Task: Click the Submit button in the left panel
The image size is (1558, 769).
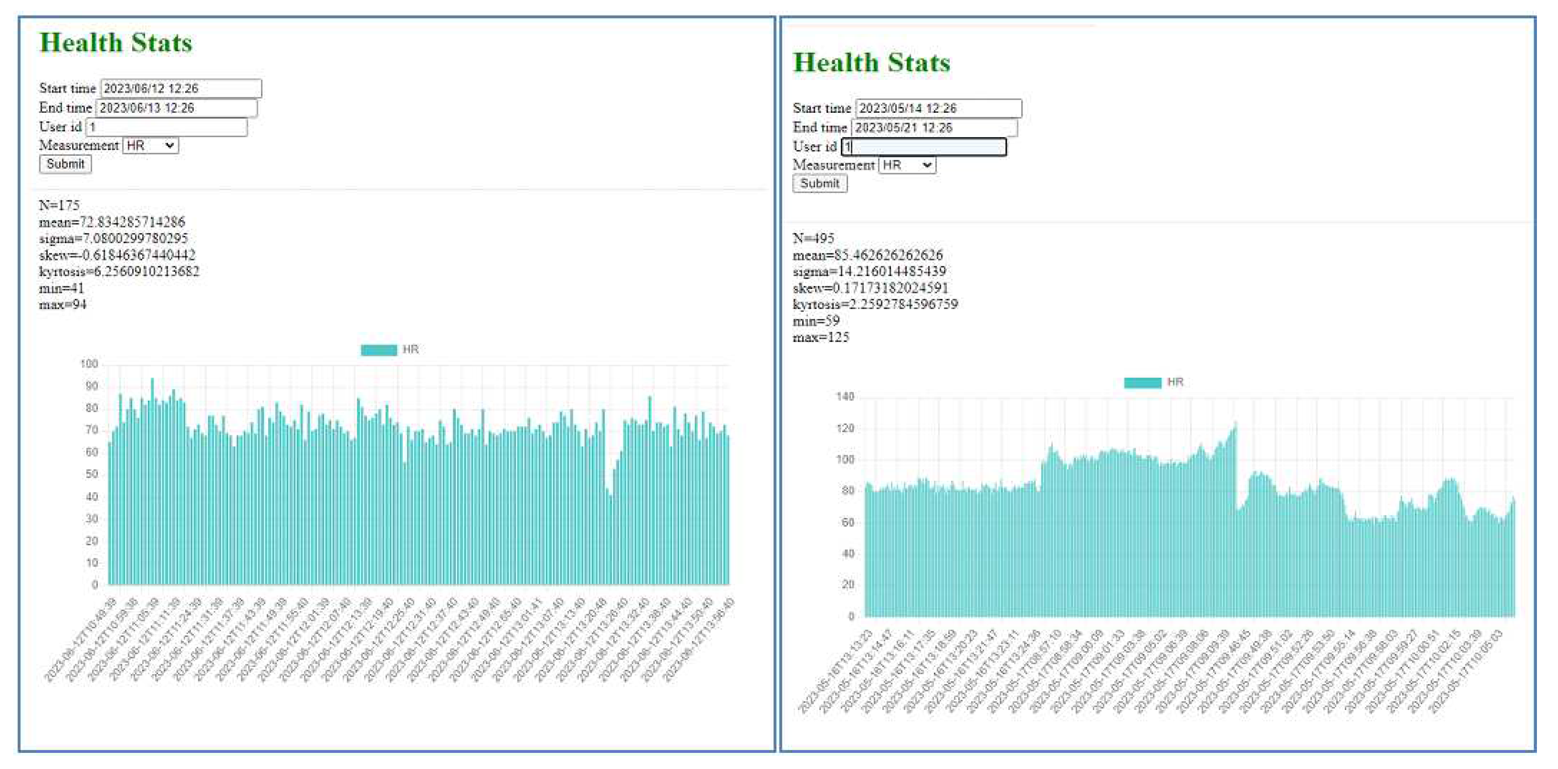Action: tap(65, 164)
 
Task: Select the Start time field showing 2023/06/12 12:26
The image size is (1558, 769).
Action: tap(181, 88)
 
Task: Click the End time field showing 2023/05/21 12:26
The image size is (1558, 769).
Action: tap(934, 128)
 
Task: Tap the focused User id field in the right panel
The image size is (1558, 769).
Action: tap(924, 147)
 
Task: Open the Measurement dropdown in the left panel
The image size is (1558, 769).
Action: tap(150, 146)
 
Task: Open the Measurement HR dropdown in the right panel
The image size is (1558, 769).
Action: tap(907, 165)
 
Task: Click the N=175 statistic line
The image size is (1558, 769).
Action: tap(59, 205)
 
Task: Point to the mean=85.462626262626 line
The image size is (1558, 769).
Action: tap(867, 255)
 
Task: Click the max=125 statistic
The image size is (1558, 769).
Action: tap(821, 337)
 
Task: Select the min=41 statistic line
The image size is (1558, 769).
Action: tap(62, 288)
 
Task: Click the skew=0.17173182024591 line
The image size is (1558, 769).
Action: tap(870, 288)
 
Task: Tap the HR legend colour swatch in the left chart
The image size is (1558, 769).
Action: tap(379, 350)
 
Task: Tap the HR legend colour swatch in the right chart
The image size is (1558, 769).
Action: tap(1143, 383)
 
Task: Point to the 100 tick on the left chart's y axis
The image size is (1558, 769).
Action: tap(89, 364)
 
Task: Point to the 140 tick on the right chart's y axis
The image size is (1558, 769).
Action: tap(845, 397)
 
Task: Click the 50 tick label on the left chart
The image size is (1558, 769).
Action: tap(91, 474)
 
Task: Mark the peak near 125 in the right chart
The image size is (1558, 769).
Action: tap(1235, 424)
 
